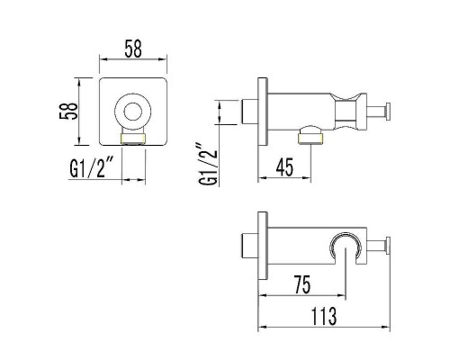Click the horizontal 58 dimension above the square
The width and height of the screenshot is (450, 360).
pyautogui.click(x=133, y=49)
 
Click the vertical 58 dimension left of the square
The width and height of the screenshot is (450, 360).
pyautogui.click(x=68, y=112)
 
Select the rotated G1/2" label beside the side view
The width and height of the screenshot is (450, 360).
pyautogui.click(x=208, y=165)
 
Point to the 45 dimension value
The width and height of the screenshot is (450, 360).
pyautogui.click(x=284, y=167)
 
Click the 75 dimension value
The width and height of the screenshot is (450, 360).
pyautogui.click(x=302, y=284)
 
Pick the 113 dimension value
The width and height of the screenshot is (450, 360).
pyautogui.click(x=324, y=316)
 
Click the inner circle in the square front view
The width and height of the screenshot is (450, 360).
pyautogui.click(x=133, y=112)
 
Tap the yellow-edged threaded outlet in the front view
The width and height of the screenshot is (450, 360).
pyautogui.click(x=133, y=139)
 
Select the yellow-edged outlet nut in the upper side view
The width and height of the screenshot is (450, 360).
pyautogui.click(x=310, y=139)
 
